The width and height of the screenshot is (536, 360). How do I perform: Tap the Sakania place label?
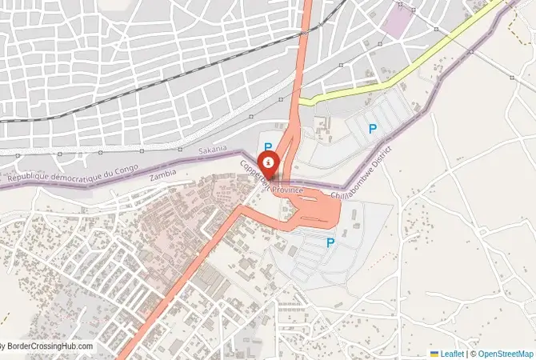(x=212, y=150)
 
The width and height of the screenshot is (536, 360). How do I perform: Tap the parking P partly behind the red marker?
(x=268, y=147)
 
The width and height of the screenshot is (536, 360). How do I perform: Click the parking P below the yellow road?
(x=372, y=128)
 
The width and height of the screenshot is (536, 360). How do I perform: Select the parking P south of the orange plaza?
(x=329, y=243)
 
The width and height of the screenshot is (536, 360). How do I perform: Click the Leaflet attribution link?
(x=452, y=353)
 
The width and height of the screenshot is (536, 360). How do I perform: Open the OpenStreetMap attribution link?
(x=506, y=353)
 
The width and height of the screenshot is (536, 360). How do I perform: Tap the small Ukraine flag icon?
(x=434, y=353)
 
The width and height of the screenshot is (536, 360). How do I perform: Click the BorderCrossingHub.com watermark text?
(x=49, y=346)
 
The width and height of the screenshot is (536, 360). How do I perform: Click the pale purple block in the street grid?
(x=394, y=19)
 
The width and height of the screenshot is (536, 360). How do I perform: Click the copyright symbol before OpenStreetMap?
(x=473, y=353)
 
